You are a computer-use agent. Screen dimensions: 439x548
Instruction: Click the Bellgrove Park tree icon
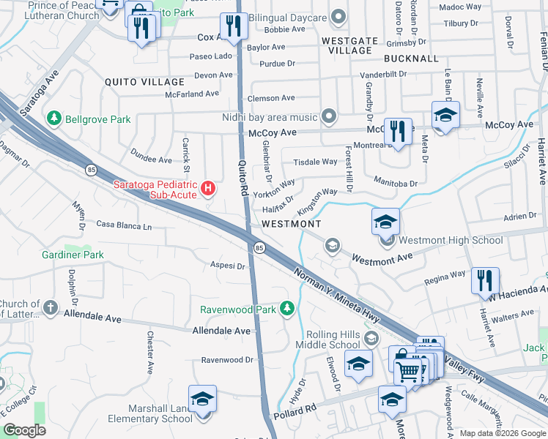[x=53, y=119]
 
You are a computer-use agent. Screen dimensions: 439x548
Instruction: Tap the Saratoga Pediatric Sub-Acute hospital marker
[x=209, y=190]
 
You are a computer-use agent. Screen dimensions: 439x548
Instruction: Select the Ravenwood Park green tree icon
[x=289, y=309]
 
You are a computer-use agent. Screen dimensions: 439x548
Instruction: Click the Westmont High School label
[x=451, y=240]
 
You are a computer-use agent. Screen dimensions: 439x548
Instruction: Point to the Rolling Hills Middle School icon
[x=372, y=337]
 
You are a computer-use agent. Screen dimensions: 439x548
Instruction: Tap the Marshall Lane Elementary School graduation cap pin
[x=203, y=399]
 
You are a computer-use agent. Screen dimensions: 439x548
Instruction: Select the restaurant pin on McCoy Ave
[x=398, y=132]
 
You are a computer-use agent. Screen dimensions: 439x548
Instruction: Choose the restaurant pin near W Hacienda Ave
[x=485, y=280]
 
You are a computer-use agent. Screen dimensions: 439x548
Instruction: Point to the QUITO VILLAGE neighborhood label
[x=144, y=82]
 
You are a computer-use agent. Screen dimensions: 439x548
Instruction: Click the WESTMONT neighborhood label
[x=292, y=223]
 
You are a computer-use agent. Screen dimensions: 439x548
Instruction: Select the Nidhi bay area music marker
[x=329, y=117]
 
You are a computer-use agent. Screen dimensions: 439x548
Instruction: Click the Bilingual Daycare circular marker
[x=338, y=15]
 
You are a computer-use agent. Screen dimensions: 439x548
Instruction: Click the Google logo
[x=24, y=430]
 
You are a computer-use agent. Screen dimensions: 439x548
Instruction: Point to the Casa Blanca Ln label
[x=124, y=226]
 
